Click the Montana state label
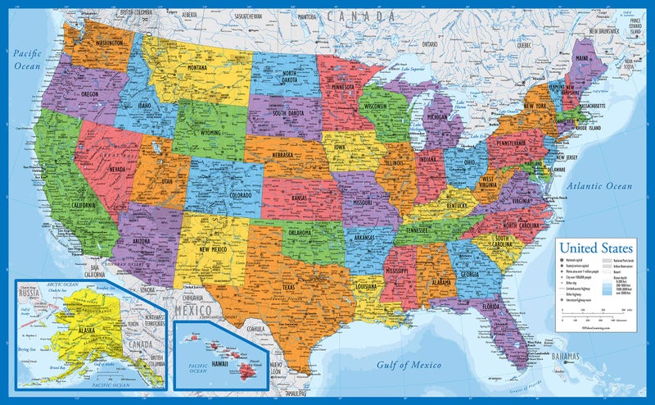196,67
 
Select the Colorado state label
217,196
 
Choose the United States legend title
595,246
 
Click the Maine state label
582,59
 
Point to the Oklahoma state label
302,231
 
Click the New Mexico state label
211,248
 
